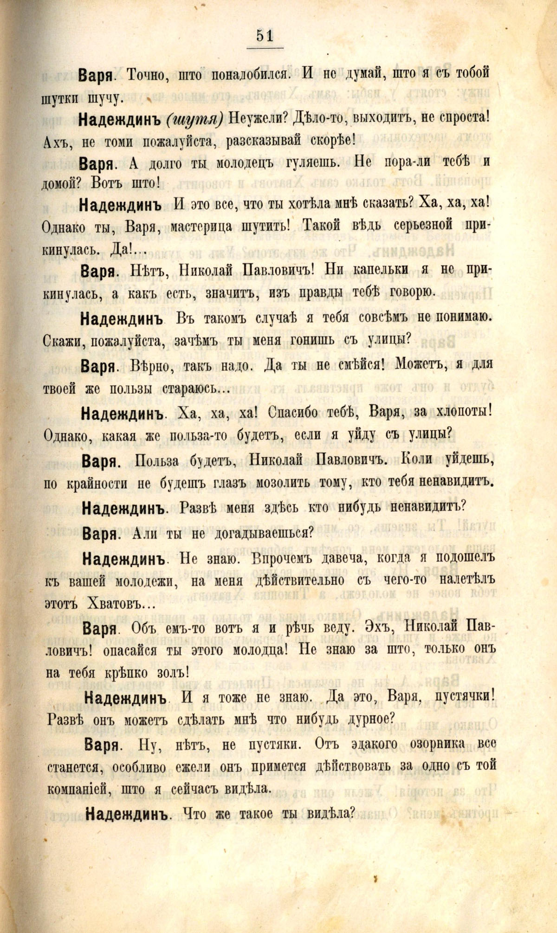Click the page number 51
click(x=264, y=36)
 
